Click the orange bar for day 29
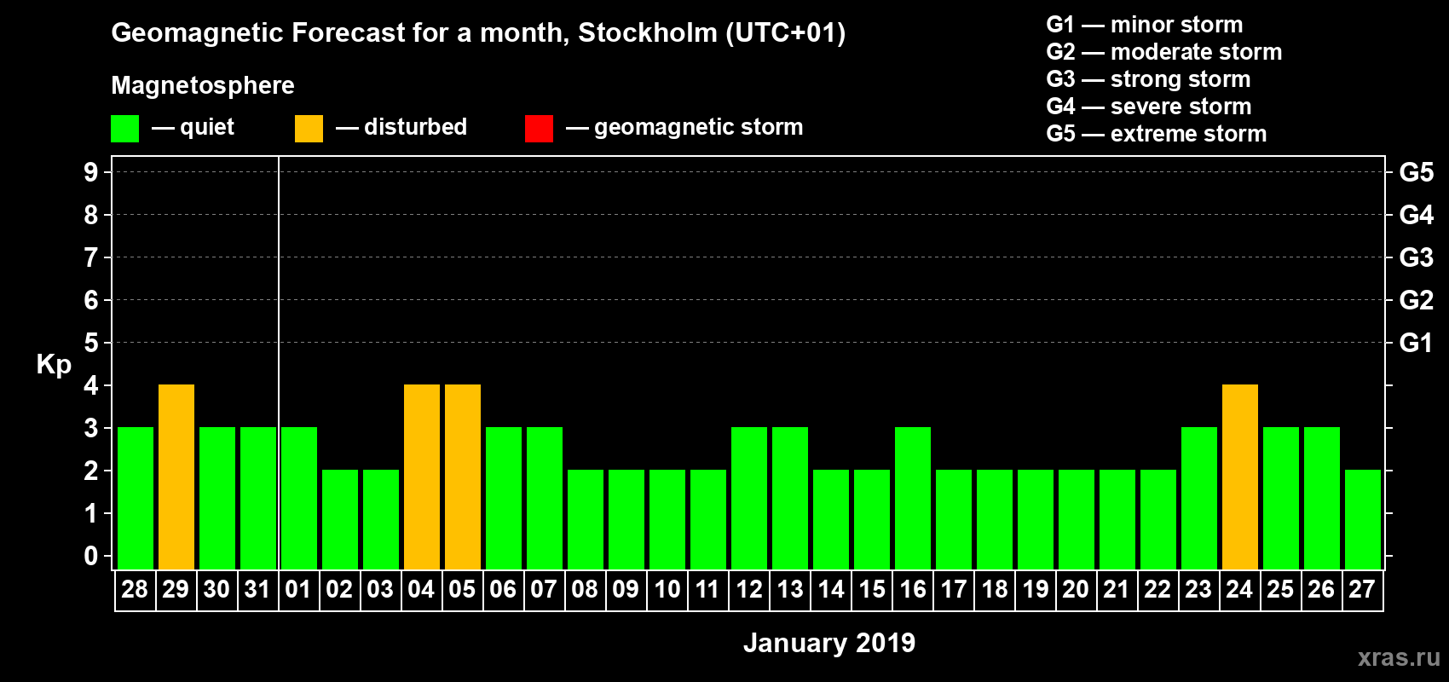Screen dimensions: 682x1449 click(x=176, y=477)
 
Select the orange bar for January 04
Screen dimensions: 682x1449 click(x=422, y=477)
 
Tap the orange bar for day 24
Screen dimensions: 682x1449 click(x=1240, y=477)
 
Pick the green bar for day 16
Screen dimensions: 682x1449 click(x=913, y=498)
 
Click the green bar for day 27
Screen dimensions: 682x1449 click(x=1363, y=519)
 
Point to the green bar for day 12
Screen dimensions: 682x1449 click(x=749, y=498)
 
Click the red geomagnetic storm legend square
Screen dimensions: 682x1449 click(x=539, y=129)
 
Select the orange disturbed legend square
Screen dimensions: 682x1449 click(x=309, y=129)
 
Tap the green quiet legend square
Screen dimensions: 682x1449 click(x=125, y=129)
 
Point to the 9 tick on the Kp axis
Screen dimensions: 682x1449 click(x=91, y=172)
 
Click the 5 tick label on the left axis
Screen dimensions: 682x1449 click(x=91, y=343)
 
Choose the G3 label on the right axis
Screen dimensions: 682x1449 click(x=1416, y=257)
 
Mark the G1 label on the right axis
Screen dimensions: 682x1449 click(x=1416, y=343)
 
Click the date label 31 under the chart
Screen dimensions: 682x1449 click(x=257, y=589)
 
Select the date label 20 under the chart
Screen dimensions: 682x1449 click(x=1076, y=589)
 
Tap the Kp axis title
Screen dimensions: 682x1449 click(x=54, y=365)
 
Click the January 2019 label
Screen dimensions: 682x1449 click(x=828, y=643)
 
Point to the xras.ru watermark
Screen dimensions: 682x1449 click(x=1399, y=657)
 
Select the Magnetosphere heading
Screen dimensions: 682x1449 click(x=203, y=85)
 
